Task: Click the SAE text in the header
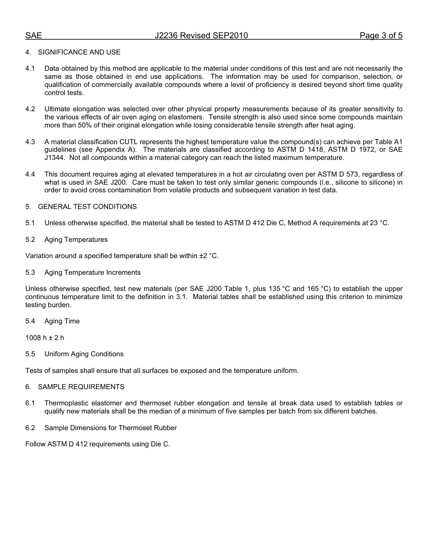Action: (33, 36)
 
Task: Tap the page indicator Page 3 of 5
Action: (381, 36)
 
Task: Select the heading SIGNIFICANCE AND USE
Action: (79, 52)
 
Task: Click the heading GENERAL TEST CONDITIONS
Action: (87, 207)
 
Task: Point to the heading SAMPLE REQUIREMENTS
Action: (81, 387)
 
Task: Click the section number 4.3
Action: (30, 142)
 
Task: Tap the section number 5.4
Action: (30, 321)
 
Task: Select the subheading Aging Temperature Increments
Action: (92, 272)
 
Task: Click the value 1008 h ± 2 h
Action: (45, 338)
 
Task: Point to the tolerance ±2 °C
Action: (209, 256)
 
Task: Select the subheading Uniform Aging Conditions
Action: (84, 354)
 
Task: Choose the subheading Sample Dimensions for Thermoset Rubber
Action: (110, 428)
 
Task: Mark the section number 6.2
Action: (30, 428)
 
